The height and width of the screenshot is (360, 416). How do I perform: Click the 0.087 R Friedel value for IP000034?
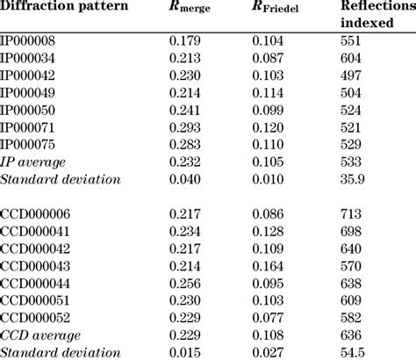pos(268,57)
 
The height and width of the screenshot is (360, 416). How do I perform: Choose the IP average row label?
pos(34,162)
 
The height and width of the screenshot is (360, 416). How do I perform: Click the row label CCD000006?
pos(36,213)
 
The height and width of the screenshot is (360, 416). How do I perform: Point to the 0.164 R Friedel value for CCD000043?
pos(268,266)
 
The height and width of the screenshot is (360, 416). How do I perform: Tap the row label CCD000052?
pos(36,318)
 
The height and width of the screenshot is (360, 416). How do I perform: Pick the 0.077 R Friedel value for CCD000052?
pos(268,318)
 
